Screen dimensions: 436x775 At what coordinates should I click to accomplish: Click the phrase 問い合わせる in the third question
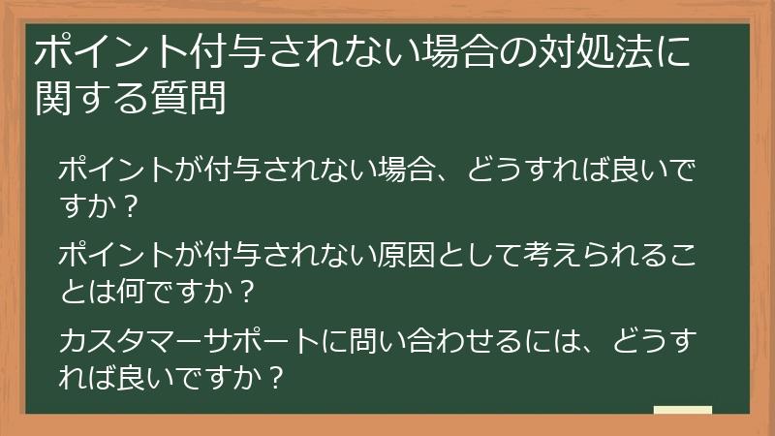click(422, 341)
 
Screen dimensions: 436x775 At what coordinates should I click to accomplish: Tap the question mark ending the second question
click(247, 288)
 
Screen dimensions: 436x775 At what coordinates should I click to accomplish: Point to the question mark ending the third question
click(275, 374)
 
